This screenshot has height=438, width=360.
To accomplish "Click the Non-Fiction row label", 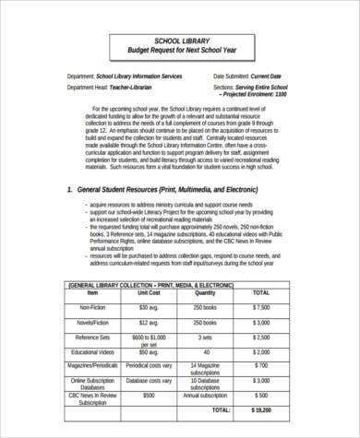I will [x=91, y=307].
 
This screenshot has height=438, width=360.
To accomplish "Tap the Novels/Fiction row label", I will [x=91, y=325].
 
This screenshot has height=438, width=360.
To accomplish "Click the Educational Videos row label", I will [x=91, y=352].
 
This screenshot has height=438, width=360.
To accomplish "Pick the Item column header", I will [x=91, y=292].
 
